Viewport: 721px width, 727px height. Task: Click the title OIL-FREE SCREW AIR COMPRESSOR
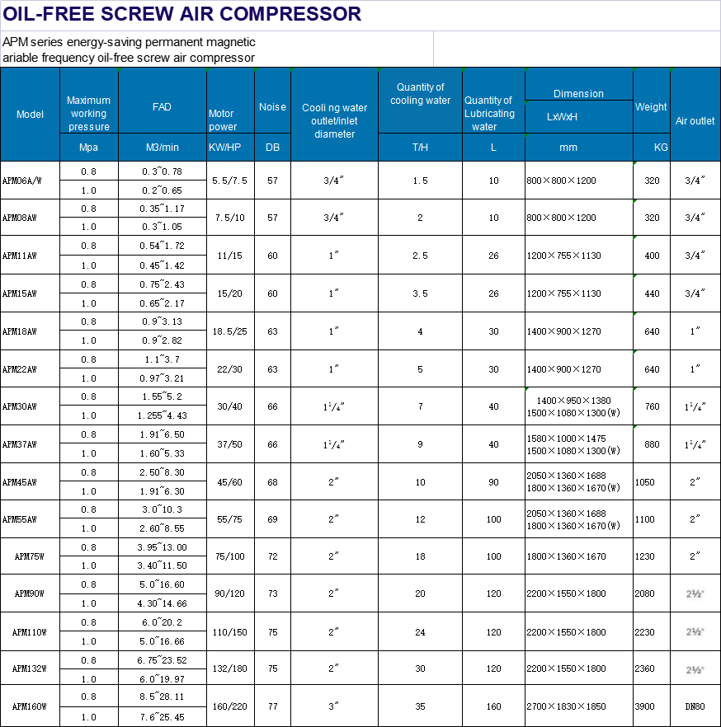182,14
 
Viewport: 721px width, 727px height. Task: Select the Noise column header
272,107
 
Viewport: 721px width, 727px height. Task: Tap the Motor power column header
222,120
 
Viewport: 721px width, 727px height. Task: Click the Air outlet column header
695,121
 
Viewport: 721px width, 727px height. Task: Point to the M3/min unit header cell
162,148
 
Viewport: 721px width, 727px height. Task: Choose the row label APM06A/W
21,181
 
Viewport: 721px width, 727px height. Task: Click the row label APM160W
30,707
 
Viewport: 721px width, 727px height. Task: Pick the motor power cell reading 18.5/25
230,331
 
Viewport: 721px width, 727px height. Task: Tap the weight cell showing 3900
646,707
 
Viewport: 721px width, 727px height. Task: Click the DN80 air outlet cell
695,707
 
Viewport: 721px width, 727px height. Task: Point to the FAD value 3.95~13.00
162,547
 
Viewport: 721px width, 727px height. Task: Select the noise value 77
272,707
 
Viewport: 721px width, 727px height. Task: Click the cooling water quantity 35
420,707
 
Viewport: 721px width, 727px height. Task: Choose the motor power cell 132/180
230,669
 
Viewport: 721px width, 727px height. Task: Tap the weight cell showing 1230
646,556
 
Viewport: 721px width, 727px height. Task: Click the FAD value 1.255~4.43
162,416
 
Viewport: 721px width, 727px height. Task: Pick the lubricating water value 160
493,707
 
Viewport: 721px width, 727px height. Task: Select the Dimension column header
578,94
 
